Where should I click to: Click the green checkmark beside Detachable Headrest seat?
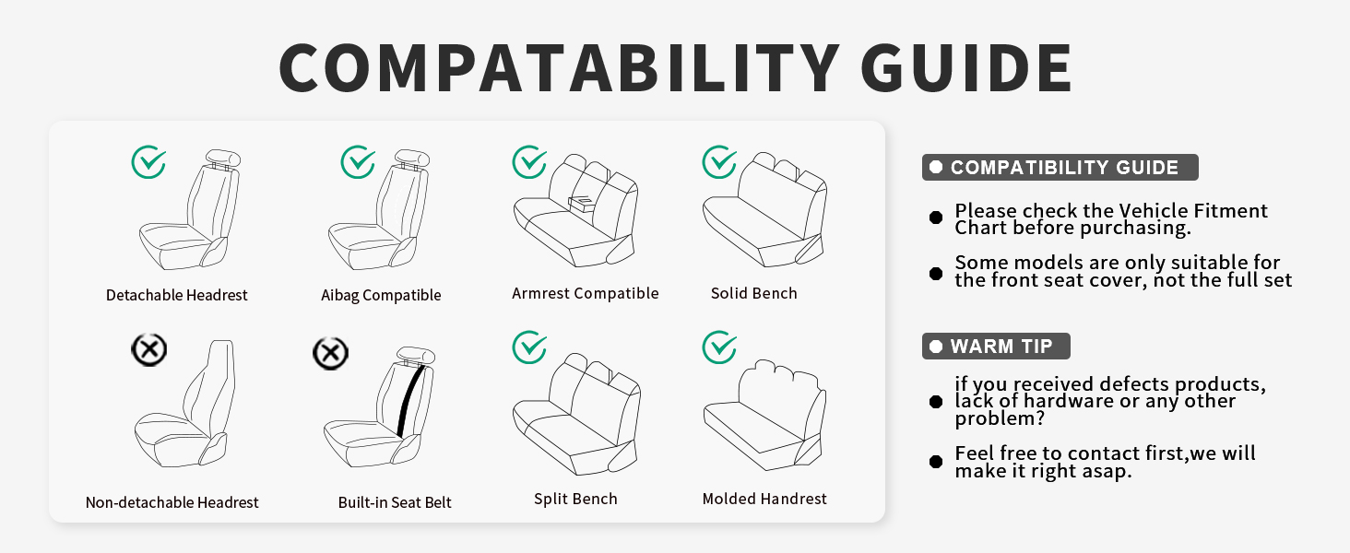[x=148, y=162]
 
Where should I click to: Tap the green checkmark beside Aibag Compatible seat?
[x=358, y=162]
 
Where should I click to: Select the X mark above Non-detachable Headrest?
[x=148, y=349]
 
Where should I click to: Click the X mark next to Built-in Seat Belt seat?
[x=330, y=353]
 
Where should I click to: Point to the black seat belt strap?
[x=411, y=401]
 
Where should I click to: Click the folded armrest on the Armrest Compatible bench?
[x=582, y=203]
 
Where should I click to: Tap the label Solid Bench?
[x=754, y=293]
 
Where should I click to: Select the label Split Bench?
[x=575, y=499]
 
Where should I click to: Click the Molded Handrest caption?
[x=764, y=499]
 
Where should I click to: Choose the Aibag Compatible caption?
[x=381, y=295]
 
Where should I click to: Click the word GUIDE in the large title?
[x=966, y=67]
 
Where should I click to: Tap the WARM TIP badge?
[x=996, y=347]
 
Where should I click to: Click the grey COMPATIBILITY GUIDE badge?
[x=1060, y=168]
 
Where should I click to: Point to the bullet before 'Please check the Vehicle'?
[x=936, y=218]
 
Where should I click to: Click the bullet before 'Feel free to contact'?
[x=936, y=462]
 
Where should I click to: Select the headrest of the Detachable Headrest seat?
[x=223, y=159]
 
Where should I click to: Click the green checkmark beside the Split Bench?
[x=529, y=347]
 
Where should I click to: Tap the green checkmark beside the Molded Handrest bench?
[x=719, y=347]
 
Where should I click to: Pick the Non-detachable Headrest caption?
[x=172, y=502]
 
